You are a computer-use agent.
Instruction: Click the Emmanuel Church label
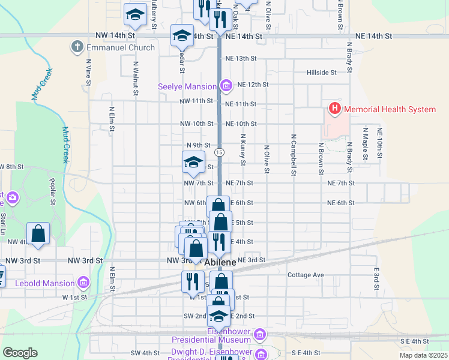point(120,47)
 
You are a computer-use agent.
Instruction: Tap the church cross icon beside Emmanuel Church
point(77,47)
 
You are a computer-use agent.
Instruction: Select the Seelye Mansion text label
point(187,86)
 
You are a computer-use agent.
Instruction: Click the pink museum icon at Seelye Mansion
point(226,86)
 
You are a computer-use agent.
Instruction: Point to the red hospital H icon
point(334,109)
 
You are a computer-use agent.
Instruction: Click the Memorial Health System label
point(389,109)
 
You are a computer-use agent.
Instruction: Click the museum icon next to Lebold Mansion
point(83,282)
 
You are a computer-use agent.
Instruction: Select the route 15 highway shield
point(220,152)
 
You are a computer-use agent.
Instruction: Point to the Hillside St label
point(322,73)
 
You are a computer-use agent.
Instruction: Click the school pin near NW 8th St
point(193,161)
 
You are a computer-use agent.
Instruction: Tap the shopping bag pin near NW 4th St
point(38,234)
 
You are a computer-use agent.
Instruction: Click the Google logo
point(20,353)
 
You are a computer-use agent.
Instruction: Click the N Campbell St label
point(294,155)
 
